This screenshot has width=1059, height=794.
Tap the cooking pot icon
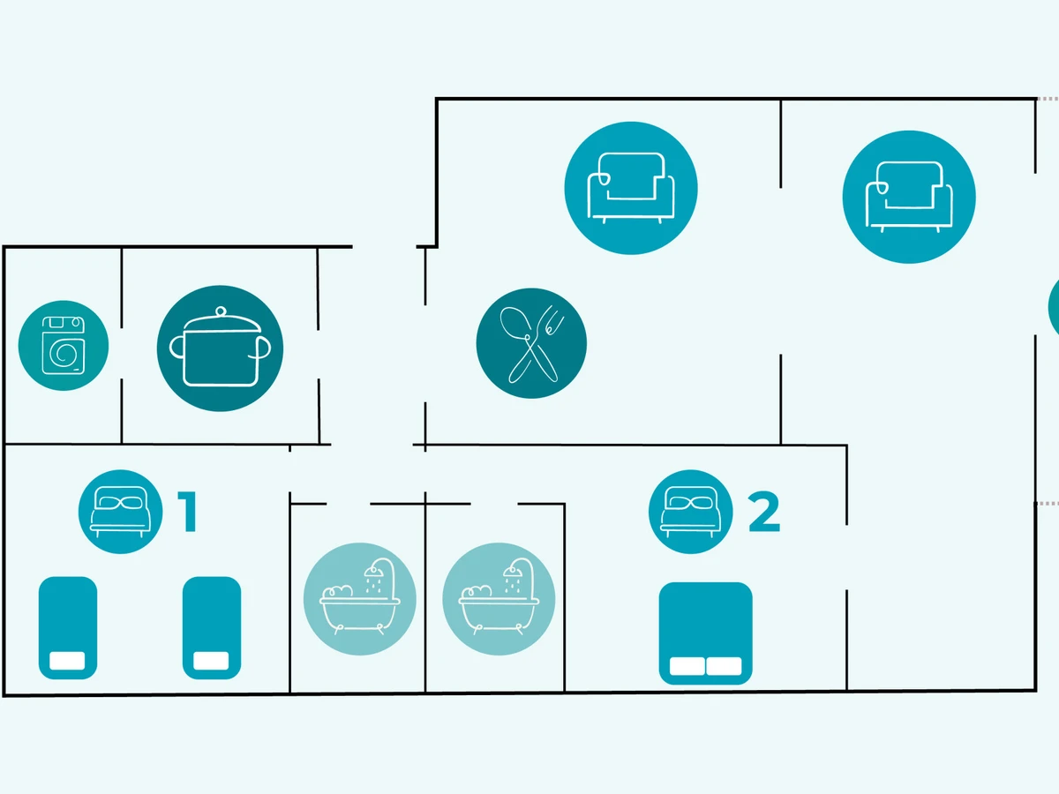pyautogui.click(x=220, y=348)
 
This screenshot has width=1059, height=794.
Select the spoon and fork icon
pyautogui.click(x=531, y=343)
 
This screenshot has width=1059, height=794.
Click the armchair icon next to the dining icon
pyautogui.click(x=631, y=187)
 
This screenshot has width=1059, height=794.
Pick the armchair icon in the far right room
pyautogui.click(x=909, y=196)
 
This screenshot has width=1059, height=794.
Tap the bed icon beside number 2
pyautogui.click(x=691, y=512)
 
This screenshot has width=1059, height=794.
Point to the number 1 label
pyautogui.click(x=187, y=513)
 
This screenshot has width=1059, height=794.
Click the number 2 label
pyautogui.click(x=764, y=513)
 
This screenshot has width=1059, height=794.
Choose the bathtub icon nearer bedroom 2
pyautogui.click(x=499, y=598)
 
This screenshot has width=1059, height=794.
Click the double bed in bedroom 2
pyautogui.click(x=706, y=633)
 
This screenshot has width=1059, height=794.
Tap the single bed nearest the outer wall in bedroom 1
pyautogui.click(x=67, y=628)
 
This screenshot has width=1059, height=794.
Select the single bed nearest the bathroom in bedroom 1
pyautogui.click(x=212, y=628)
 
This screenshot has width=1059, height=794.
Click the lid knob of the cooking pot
pyautogui.click(x=221, y=310)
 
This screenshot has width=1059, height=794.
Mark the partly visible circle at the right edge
pyautogui.click(x=1054, y=306)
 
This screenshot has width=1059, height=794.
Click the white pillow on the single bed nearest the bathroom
pyautogui.click(x=212, y=661)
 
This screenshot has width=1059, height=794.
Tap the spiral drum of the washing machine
pyautogui.click(x=64, y=355)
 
